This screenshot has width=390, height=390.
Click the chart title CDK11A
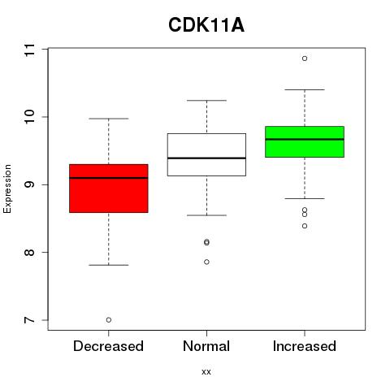point(206,25)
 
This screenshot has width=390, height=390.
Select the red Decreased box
point(109,188)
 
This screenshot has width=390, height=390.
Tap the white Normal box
point(206,154)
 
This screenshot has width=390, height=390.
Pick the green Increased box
point(305,141)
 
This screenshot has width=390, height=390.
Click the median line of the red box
point(109,178)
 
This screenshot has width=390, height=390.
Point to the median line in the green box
point(305,139)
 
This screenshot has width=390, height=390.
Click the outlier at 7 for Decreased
point(109,320)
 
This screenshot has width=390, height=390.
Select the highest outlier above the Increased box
point(305,58)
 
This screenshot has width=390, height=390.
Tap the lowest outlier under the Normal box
point(206,262)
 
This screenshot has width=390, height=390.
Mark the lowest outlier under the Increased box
point(305,226)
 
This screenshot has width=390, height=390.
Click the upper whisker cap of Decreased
point(109,119)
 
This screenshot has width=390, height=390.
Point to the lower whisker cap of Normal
point(206,215)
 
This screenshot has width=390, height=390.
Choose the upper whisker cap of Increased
point(305,89)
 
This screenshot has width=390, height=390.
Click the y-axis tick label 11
point(29,50)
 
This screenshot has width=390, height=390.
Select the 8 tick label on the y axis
point(29,253)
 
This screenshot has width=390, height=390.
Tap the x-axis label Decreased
point(108,346)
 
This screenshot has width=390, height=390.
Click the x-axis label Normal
point(206,346)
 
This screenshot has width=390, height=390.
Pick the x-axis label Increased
point(305,346)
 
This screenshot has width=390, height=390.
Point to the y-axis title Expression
point(7,188)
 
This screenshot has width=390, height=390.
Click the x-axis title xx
point(206,372)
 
